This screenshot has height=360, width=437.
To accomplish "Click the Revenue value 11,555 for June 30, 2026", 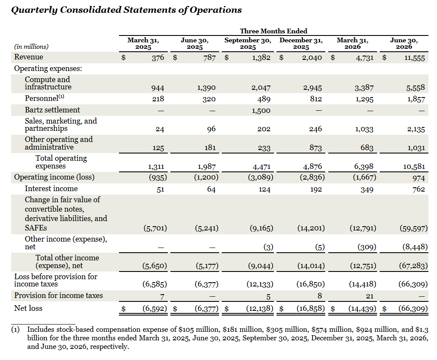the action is coord(415,58).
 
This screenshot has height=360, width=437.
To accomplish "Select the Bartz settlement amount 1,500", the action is coord(261,111).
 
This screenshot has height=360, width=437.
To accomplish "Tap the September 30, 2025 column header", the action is coord(248,44).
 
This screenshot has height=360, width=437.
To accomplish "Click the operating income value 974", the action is coord(419,178).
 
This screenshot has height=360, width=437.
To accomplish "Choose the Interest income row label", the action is coord(51,189).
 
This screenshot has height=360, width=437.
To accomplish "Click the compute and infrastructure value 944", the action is coord(158,88).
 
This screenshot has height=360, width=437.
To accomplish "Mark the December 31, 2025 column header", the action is coord(301,44).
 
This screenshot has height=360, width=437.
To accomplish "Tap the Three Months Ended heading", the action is coord(273,31).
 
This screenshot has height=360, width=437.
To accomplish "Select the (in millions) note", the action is coord(31,47).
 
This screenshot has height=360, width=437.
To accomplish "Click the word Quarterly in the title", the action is coord(34,10).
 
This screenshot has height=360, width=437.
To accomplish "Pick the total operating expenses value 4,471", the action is coord(261,167).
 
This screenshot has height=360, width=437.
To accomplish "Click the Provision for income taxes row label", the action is coord(59,295).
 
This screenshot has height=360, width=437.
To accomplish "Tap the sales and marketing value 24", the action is coord(160,129).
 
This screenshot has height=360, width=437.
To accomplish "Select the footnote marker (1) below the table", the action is coord(15,330).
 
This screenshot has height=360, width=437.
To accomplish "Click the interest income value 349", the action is coord(367,189).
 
